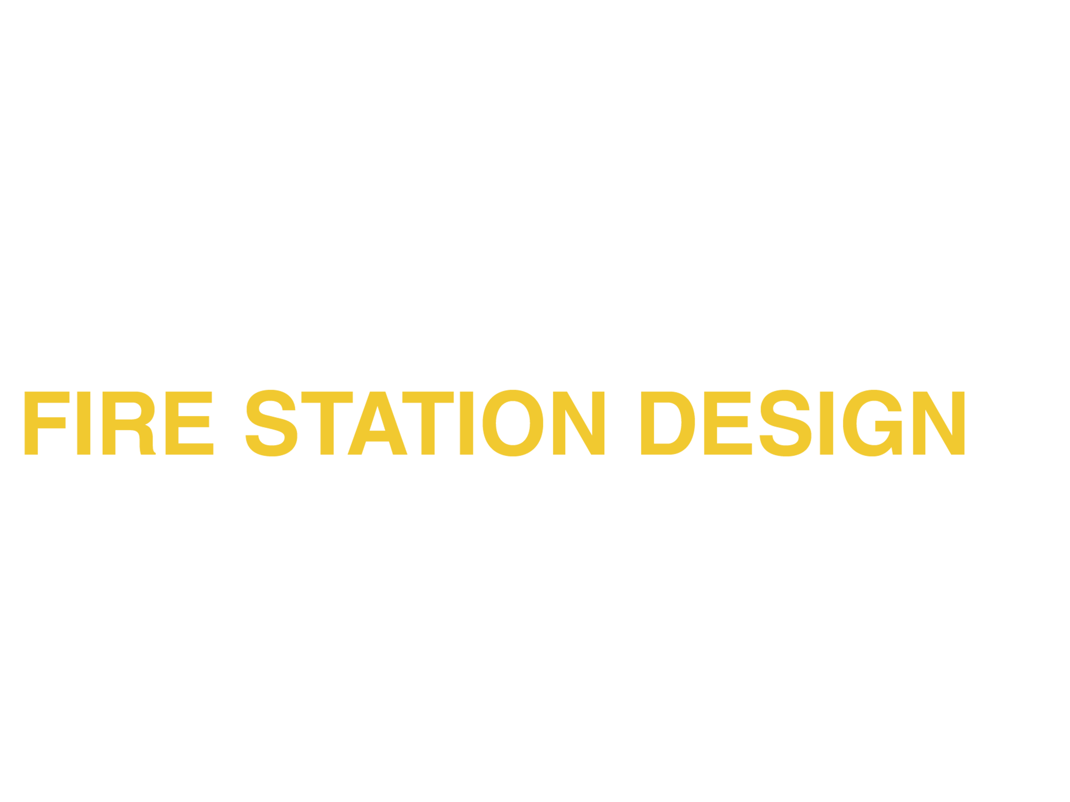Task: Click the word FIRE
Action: click(119, 423)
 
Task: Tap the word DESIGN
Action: click(803, 423)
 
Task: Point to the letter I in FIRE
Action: click(84, 423)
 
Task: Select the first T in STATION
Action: click(327, 423)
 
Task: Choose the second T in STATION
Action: click(428, 423)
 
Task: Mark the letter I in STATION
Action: click(466, 423)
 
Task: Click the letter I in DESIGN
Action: click(827, 423)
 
